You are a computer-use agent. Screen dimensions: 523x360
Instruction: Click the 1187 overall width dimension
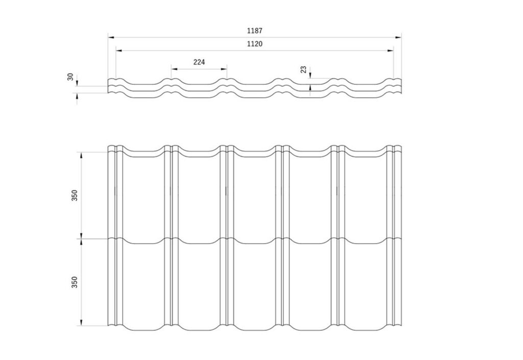254,31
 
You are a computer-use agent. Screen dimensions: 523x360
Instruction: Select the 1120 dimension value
254,44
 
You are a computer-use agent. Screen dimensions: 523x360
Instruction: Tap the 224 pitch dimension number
199,62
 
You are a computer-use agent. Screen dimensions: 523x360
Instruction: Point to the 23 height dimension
303,69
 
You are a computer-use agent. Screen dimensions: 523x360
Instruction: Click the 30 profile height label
70,77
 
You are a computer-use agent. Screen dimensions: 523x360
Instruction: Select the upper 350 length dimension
75,196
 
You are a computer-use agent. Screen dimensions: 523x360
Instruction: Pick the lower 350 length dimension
75,282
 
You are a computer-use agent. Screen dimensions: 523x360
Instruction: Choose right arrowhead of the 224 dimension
224,69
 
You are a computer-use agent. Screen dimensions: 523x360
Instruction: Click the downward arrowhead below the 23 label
311,75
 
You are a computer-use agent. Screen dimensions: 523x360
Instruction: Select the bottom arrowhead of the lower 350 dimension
81,322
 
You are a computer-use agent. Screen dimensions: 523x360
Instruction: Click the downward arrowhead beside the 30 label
78,82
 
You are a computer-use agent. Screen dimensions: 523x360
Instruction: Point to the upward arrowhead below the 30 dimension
78,97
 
